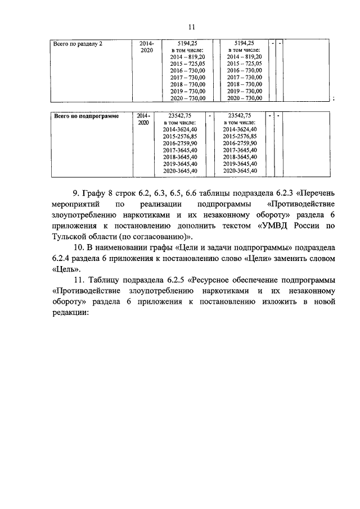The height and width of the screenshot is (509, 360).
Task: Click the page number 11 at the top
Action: tap(191, 27)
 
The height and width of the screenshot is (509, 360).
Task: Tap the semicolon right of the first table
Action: tap(334, 98)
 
